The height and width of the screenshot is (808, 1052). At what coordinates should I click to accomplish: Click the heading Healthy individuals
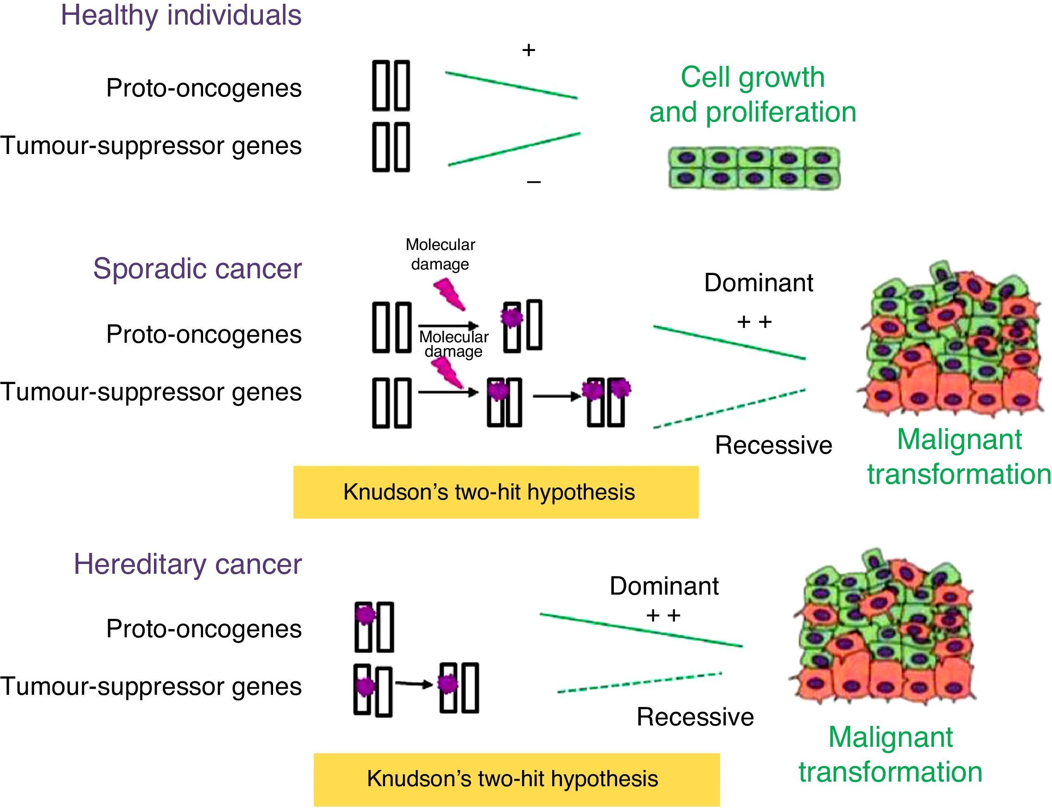(181, 15)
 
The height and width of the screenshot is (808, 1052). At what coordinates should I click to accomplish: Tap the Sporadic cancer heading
(197, 269)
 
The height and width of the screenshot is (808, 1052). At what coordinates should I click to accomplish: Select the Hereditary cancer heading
(187, 564)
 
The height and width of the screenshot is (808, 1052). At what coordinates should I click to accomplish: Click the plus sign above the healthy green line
(529, 50)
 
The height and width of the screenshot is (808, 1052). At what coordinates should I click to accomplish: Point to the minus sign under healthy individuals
(534, 182)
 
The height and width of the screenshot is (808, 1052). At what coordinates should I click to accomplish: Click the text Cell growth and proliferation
(752, 94)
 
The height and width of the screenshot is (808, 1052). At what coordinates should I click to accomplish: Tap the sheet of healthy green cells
(754, 168)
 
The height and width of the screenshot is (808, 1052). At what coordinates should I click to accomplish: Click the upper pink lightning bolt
(449, 294)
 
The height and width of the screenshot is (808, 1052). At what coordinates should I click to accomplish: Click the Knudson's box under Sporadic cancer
(496, 492)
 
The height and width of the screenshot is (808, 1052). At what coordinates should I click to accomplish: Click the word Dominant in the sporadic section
(758, 283)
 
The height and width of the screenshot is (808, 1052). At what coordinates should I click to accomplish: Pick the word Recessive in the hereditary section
(695, 717)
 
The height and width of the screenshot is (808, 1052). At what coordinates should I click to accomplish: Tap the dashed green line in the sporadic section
(728, 409)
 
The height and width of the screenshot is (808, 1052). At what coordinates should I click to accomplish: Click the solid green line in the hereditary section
(641, 629)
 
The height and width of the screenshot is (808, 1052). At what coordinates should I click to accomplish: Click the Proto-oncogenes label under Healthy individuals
(204, 88)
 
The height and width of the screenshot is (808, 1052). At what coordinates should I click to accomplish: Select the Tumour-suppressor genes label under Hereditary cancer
(151, 686)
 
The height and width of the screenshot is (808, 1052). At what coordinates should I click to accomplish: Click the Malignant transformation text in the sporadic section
(959, 457)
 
